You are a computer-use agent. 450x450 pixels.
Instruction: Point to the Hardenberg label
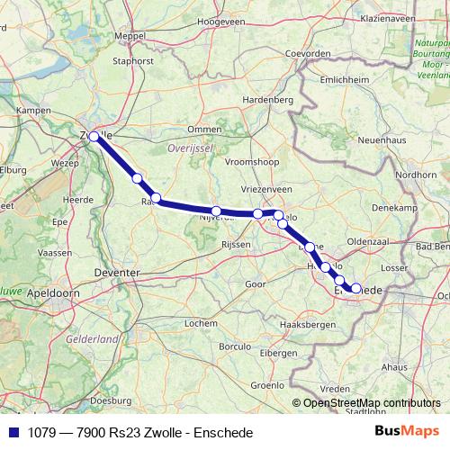click(x=269, y=99)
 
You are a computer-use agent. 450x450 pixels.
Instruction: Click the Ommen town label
click(x=204, y=129)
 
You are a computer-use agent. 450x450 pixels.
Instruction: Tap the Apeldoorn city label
click(x=52, y=293)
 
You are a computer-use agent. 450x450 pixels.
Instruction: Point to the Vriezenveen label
click(x=267, y=191)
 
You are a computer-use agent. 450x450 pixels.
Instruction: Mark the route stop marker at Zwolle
click(x=94, y=137)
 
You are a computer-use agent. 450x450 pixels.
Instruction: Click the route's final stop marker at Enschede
click(x=355, y=289)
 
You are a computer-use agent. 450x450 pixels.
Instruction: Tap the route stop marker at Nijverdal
click(x=216, y=211)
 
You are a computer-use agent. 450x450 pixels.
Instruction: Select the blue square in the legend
click(x=12, y=433)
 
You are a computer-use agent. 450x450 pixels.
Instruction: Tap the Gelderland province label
click(x=93, y=339)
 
